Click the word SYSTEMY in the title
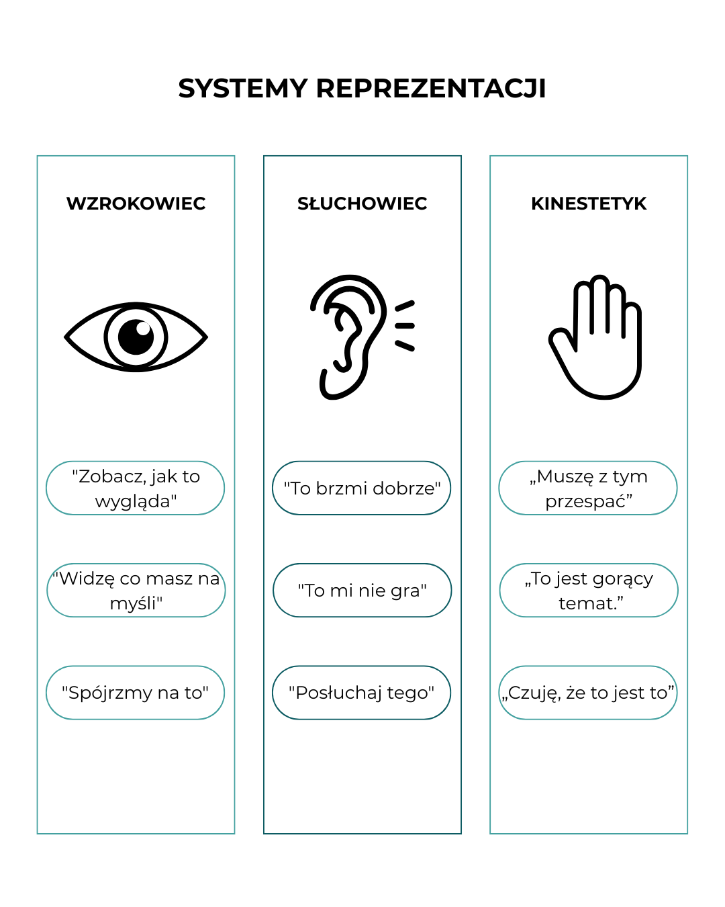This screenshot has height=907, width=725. [x=242, y=89]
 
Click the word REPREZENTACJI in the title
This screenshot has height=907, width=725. [x=430, y=89]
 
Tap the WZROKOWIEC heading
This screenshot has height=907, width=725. [x=136, y=204]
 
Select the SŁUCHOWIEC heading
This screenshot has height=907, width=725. [x=362, y=204]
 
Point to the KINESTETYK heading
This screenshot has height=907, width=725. [x=589, y=204]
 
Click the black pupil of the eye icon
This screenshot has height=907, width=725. [x=136, y=337]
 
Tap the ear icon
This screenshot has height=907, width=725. [x=348, y=337]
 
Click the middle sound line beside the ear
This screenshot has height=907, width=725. [x=405, y=326]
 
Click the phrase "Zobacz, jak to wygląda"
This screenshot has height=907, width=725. [x=136, y=488]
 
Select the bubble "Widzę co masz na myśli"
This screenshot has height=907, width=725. [x=136, y=591]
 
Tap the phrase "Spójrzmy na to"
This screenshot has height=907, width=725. [x=135, y=693]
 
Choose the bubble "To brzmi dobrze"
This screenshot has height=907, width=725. [x=361, y=488]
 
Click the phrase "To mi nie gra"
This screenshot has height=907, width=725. [x=362, y=591]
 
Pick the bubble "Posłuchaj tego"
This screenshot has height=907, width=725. [x=361, y=693]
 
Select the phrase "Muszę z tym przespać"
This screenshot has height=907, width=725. [x=589, y=488]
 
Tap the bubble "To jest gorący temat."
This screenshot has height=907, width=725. [x=589, y=591]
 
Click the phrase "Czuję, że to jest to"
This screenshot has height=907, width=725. [x=588, y=693]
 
